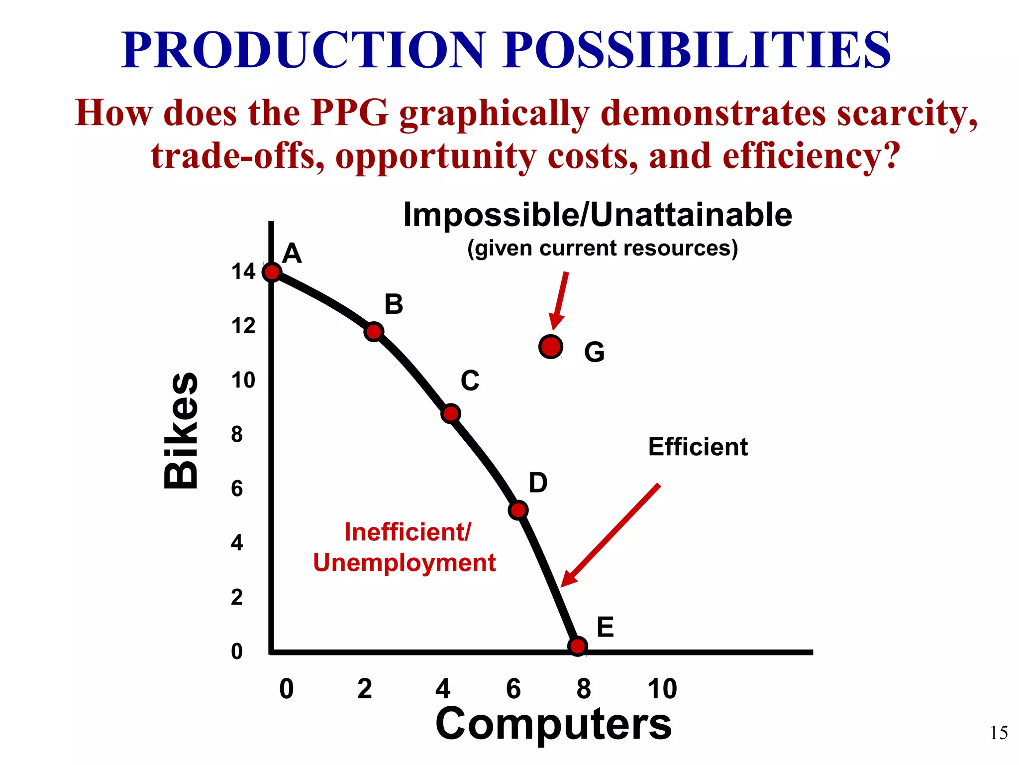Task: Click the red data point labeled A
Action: click(x=272, y=272)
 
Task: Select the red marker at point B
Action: click(x=373, y=332)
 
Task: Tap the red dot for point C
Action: click(x=451, y=414)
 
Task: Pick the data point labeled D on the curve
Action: click(x=518, y=510)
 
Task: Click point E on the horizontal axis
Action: click(x=578, y=646)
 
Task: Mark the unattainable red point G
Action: click(x=551, y=347)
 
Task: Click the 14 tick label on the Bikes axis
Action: click(x=243, y=272)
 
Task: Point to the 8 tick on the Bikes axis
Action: click(x=237, y=434)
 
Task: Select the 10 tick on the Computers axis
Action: click(x=662, y=689)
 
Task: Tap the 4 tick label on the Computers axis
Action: click(x=442, y=689)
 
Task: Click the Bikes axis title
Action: click(x=181, y=431)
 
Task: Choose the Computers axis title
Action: click(x=553, y=723)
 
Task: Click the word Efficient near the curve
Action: click(x=698, y=447)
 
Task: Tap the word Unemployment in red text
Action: click(x=404, y=563)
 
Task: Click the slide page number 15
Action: click(x=998, y=733)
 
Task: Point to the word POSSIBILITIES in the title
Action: click(x=697, y=50)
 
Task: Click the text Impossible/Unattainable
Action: click(x=597, y=215)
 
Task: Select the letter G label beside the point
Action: click(x=594, y=352)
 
